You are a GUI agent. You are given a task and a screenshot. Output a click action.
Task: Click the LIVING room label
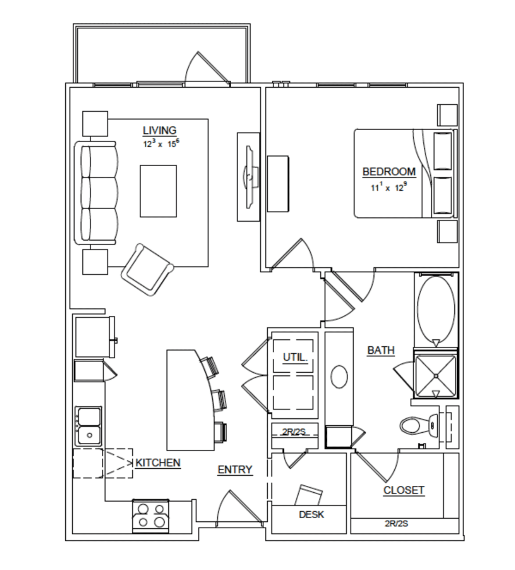pyautogui.click(x=160, y=130)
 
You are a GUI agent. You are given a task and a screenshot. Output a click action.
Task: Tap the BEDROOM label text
pyautogui.click(x=389, y=171)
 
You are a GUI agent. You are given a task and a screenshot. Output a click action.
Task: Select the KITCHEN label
pyautogui.click(x=158, y=463)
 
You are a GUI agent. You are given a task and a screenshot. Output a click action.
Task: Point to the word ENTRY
pyautogui.click(x=235, y=470)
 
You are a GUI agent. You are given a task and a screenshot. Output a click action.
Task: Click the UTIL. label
pyautogui.click(x=295, y=357)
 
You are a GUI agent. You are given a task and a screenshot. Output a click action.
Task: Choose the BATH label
pyautogui.click(x=381, y=350)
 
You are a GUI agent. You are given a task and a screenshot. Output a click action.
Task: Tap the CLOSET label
pyautogui.click(x=404, y=490)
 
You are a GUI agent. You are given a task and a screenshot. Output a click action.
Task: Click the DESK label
pyautogui.click(x=311, y=514)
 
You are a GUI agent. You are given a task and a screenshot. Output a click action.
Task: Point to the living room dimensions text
pyautogui.click(x=161, y=143)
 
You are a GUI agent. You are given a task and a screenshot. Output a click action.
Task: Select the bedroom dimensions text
pyautogui.click(x=389, y=187)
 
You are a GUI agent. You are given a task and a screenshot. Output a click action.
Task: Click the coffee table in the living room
pyautogui.click(x=158, y=191)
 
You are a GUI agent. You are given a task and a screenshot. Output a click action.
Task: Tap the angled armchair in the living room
pyautogui.click(x=147, y=269)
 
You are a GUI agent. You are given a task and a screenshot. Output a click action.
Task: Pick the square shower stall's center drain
pyautogui.click(x=436, y=376)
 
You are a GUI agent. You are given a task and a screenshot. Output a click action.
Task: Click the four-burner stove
pyautogui.click(x=151, y=516)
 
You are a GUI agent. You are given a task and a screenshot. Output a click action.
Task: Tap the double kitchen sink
pyautogui.click(x=88, y=426)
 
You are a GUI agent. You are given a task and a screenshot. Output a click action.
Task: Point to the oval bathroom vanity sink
pyautogui.click(x=339, y=377)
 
